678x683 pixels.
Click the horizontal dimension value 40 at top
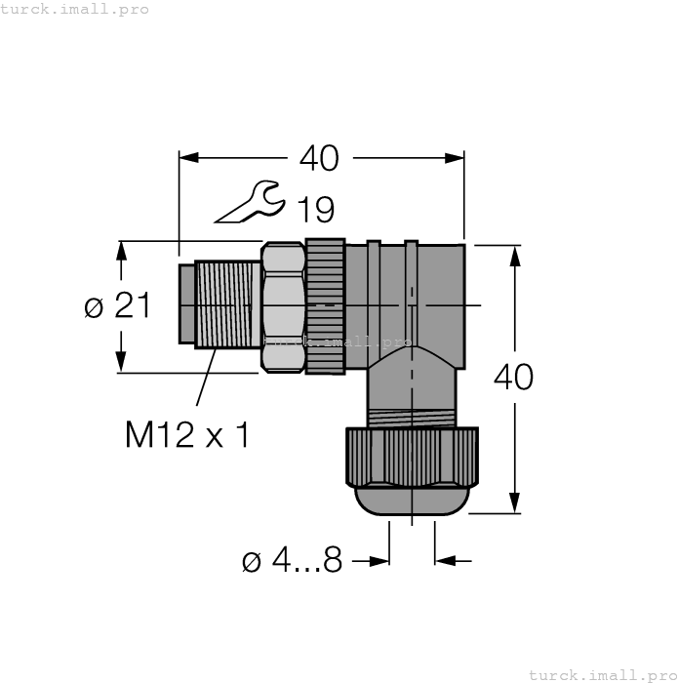click(x=319, y=157)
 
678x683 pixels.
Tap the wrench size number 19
click(x=314, y=209)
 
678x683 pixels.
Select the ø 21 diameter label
click(x=117, y=306)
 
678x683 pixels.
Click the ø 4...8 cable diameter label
click(x=292, y=561)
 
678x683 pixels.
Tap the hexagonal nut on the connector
click(x=283, y=306)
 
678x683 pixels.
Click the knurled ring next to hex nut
click(x=325, y=306)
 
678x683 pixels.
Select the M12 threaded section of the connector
click(x=228, y=302)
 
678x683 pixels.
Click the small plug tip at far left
click(x=186, y=302)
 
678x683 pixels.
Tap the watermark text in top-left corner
click(x=75, y=9)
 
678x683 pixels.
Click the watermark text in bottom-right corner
click(x=602, y=674)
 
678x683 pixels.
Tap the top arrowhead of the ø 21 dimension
click(x=121, y=250)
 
